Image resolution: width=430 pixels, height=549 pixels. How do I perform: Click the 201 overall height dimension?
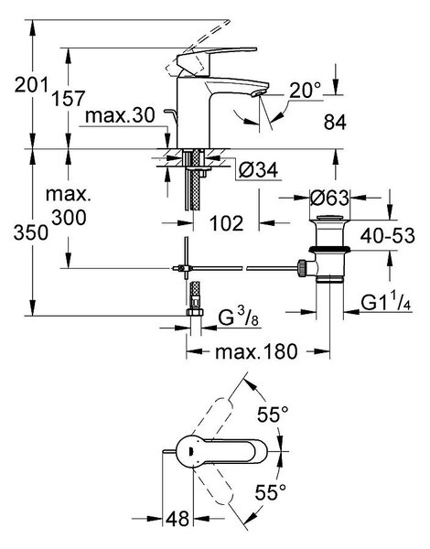pos(31,85)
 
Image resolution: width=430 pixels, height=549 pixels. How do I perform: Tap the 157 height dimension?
pos(69,99)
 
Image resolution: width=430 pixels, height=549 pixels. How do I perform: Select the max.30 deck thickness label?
pos(120,115)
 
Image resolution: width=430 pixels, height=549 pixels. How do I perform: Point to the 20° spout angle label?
pos(305,91)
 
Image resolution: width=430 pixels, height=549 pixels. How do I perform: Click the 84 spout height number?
pos(335,123)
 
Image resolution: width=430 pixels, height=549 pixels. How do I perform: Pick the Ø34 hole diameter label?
pos(258,170)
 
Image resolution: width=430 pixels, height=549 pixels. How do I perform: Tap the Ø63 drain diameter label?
pos(330,199)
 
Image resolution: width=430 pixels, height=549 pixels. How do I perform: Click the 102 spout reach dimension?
pos(226,223)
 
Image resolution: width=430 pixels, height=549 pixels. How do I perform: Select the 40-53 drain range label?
pos(388,236)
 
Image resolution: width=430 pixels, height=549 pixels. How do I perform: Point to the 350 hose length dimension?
pos(31,232)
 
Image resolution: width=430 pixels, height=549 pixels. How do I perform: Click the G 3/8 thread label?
pos(238,318)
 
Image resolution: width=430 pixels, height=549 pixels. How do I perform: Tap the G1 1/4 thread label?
pos(386,303)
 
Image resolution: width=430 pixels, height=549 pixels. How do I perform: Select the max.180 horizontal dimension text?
pos(256,351)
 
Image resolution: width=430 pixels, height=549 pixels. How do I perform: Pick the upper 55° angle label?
pos(273,414)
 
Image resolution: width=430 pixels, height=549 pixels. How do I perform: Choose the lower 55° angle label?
pos(270,492)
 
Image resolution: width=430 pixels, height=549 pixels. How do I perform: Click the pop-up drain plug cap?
pos(329,220)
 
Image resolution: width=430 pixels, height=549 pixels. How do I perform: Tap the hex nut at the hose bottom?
pos(194,312)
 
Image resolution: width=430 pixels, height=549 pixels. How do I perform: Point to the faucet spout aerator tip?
pos(258,92)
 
